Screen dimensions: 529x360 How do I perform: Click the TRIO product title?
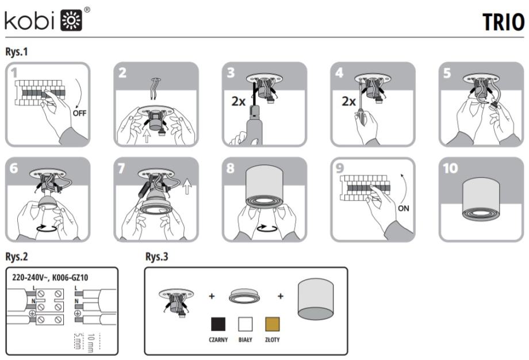coord(503,22)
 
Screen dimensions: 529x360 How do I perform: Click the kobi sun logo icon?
coord(71,20)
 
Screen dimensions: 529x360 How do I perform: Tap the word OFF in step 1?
coord(79,113)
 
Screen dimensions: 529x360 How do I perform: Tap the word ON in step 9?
coord(404,209)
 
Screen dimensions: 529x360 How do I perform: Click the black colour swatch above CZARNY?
coord(218,324)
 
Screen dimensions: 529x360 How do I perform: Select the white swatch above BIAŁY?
coord(246,324)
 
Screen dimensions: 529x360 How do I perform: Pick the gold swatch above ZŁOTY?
coord(272,324)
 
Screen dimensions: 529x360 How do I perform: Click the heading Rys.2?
coord(17,256)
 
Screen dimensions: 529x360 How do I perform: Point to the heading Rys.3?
coord(156,256)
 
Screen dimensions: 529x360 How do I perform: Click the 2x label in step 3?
coord(239,101)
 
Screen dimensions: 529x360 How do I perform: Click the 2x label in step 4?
coord(348,101)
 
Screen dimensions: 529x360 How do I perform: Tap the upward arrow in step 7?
coord(187,186)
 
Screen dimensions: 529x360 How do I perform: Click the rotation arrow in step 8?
coord(267,228)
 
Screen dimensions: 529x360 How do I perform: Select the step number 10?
coord(450,168)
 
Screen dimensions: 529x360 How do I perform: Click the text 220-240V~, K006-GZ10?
coord(50,278)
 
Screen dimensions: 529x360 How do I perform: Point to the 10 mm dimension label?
coord(91,343)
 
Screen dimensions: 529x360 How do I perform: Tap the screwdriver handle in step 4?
coord(361,117)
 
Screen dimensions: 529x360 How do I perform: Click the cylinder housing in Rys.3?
coord(316,300)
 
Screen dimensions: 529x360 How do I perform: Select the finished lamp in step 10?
coord(481,199)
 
